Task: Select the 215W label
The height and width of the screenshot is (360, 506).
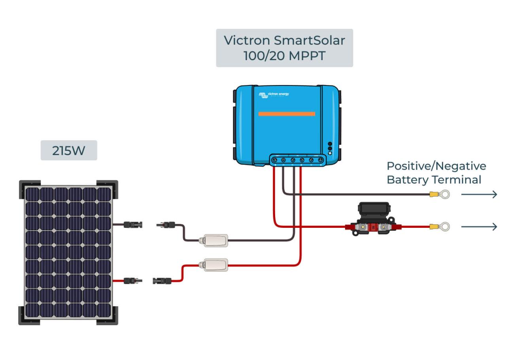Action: click(x=69, y=150)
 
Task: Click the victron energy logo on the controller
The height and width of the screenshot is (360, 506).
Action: click(x=274, y=95)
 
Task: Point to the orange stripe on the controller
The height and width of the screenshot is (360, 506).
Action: click(x=287, y=114)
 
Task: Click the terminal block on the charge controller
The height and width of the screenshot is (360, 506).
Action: click(x=298, y=160)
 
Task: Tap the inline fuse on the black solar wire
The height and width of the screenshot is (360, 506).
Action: click(x=213, y=240)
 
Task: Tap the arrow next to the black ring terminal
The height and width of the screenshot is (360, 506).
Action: click(x=479, y=194)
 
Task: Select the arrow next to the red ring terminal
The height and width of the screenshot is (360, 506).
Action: click(x=479, y=227)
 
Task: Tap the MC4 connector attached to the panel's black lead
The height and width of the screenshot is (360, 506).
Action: click(x=133, y=225)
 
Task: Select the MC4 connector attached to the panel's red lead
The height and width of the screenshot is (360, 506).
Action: click(x=133, y=281)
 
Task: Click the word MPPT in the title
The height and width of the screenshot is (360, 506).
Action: click(x=307, y=56)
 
